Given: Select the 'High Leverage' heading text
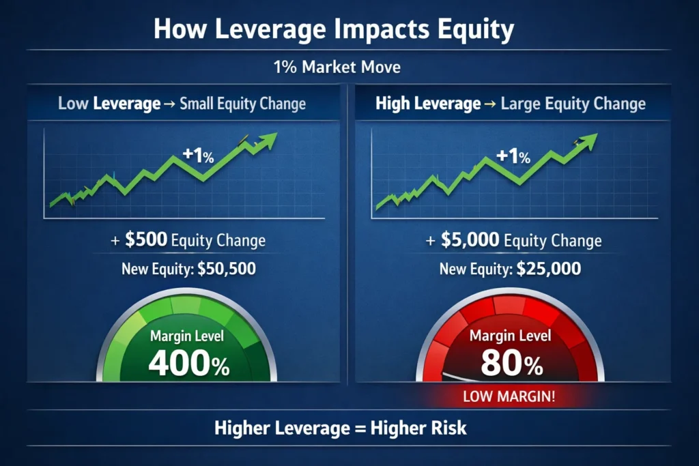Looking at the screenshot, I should coord(428,104).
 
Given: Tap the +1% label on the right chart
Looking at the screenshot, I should coord(513,156).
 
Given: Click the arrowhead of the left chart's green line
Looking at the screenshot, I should coord(270,139).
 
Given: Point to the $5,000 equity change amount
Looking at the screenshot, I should coord(470,240).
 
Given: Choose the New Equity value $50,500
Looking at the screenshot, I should coord(227,269).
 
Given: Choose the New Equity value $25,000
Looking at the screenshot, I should coord(549,269).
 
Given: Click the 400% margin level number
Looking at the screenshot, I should coord(188,364).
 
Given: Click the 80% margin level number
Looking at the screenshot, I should coord(511,364).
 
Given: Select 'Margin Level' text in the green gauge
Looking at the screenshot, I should coord(187,336).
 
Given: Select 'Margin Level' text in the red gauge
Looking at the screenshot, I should coord(510,336).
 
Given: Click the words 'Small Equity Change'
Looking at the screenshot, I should coord(242,104).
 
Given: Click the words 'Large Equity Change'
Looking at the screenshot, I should coord(573,104).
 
